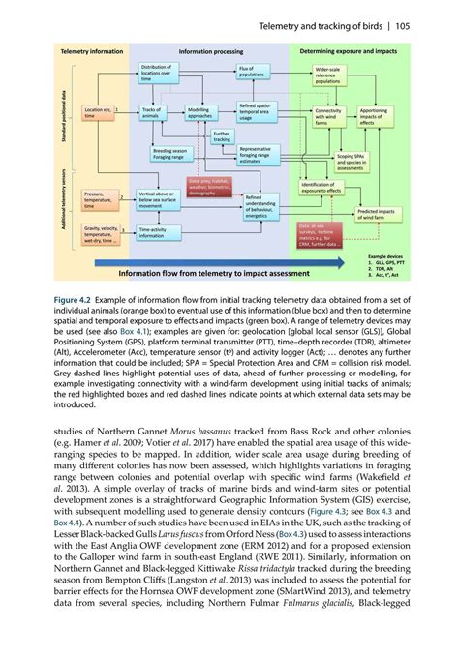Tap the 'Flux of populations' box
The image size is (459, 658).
252,72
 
